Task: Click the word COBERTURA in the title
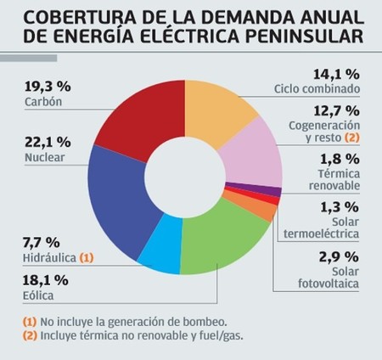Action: pyautogui.click(x=60, y=14)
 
